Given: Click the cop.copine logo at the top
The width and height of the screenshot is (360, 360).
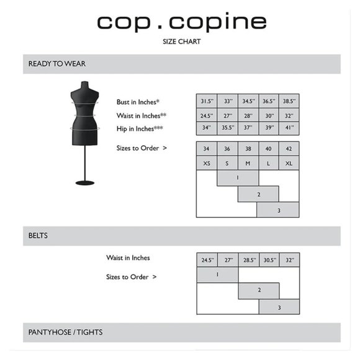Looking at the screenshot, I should coord(181,22).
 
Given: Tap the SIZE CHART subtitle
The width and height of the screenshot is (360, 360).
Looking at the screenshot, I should coord(181,43).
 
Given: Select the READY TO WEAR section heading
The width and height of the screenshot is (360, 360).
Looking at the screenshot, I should coord(57,64).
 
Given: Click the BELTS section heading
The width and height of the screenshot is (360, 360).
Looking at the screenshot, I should coord(38,236).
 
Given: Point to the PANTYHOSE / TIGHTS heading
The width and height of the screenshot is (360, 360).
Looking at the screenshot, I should coord(66,332).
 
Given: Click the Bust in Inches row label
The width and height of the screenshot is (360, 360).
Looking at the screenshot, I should coord(138,102).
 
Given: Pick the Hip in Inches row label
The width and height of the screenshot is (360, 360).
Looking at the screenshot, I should coord(140,128).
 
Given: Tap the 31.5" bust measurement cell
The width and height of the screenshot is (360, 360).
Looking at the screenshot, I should coord(207,101).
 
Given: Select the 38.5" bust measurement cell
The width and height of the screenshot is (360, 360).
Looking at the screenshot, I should coord(289,101).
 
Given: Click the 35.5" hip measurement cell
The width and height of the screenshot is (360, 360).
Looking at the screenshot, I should coord(227,128).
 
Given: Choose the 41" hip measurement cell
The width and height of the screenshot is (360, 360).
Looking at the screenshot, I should coord(289,128).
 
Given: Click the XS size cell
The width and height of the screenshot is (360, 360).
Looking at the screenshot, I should coord(207,163).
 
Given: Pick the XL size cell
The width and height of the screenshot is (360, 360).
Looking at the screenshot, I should coord(289,163).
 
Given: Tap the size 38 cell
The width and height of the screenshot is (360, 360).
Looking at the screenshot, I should coord(248,149).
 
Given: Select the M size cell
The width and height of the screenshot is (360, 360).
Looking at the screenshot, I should coord(248,163).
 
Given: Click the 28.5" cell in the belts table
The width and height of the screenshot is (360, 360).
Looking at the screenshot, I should coord(248,260).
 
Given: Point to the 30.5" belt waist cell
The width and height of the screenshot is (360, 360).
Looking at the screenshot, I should coord(269,260).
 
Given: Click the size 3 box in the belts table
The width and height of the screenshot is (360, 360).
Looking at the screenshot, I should coord(279,307).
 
